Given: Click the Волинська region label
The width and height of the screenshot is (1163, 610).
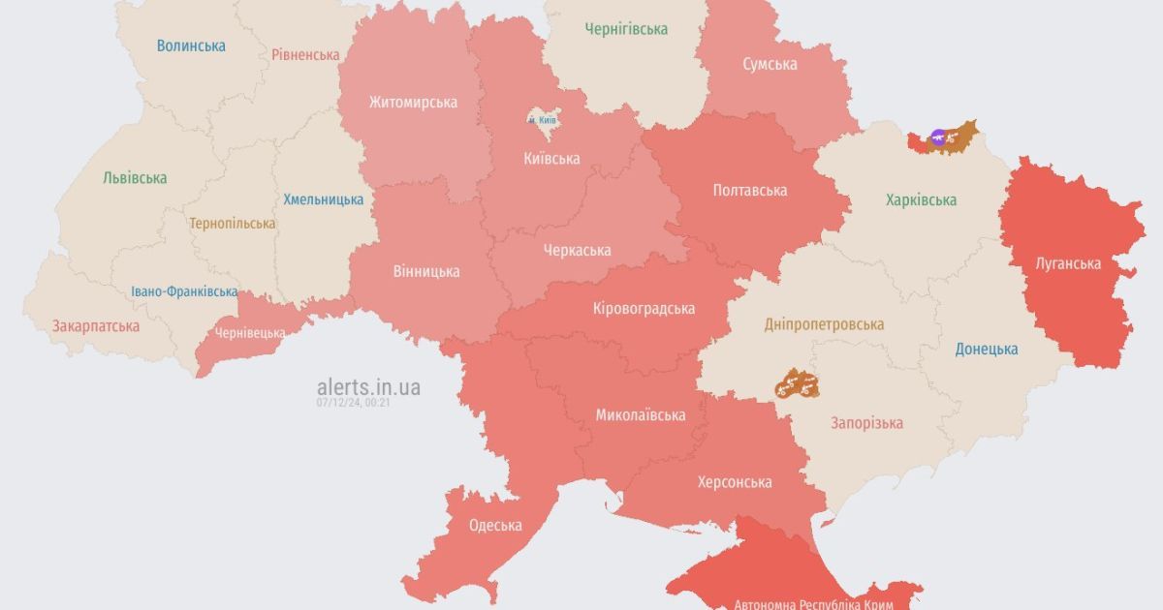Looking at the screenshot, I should click(x=191, y=46).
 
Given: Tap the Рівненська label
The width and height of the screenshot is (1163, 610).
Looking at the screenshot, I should click(x=305, y=55).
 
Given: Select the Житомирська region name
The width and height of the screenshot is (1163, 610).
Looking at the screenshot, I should click(x=413, y=102).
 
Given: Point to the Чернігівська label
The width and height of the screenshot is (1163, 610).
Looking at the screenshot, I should click(x=626, y=29).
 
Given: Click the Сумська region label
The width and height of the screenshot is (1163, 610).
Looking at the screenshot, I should click(x=770, y=64).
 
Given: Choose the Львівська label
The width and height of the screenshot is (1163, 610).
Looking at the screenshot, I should click(x=135, y=178).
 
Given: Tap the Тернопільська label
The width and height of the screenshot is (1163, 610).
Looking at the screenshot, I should click(x=233, y=224).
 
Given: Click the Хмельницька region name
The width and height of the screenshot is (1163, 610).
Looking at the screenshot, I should click(x=324, y=199).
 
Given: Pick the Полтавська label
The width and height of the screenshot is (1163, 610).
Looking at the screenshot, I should click(x=749, y=191).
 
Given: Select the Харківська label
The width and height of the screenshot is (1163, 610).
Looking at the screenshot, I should click(x=921, y=200).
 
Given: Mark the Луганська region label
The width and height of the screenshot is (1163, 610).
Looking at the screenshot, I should click(x=1067, y=263).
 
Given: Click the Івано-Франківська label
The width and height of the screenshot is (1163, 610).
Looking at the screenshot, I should click(x=184, y=291).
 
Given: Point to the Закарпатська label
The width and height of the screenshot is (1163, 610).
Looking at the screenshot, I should click(x=96, y=326).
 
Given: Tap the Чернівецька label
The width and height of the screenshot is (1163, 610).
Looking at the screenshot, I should click(x=250, y=333).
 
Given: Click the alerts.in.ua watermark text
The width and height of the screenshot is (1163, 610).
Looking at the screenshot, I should click(x=368, y=387).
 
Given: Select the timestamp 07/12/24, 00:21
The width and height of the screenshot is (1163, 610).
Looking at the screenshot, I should click(x=353, y=403).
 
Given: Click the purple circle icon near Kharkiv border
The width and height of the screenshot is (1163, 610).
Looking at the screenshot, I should click(x=937, y=137).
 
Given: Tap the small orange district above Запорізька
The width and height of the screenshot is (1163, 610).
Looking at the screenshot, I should click(x=798, y=384).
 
